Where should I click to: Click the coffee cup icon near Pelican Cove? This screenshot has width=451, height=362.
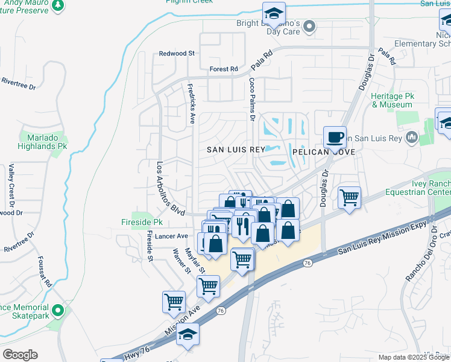[335, 137]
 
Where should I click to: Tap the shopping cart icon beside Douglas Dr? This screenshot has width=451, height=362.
[349, 197]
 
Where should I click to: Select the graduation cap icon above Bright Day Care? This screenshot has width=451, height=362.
[273, 13]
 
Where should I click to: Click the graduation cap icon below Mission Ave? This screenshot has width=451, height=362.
[188, 334]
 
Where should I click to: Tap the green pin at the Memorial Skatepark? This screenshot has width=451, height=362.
[58, 311]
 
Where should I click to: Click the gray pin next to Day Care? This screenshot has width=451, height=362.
[309, 26]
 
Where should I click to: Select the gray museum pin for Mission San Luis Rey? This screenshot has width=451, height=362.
[412, 137]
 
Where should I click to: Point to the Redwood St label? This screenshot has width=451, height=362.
[177, 54]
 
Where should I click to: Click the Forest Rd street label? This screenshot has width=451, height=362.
[224, 69]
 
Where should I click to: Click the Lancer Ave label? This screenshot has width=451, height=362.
[172, 236]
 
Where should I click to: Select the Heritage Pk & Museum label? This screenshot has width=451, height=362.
[392, 100]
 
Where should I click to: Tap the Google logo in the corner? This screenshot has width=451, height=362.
[20, 355]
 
